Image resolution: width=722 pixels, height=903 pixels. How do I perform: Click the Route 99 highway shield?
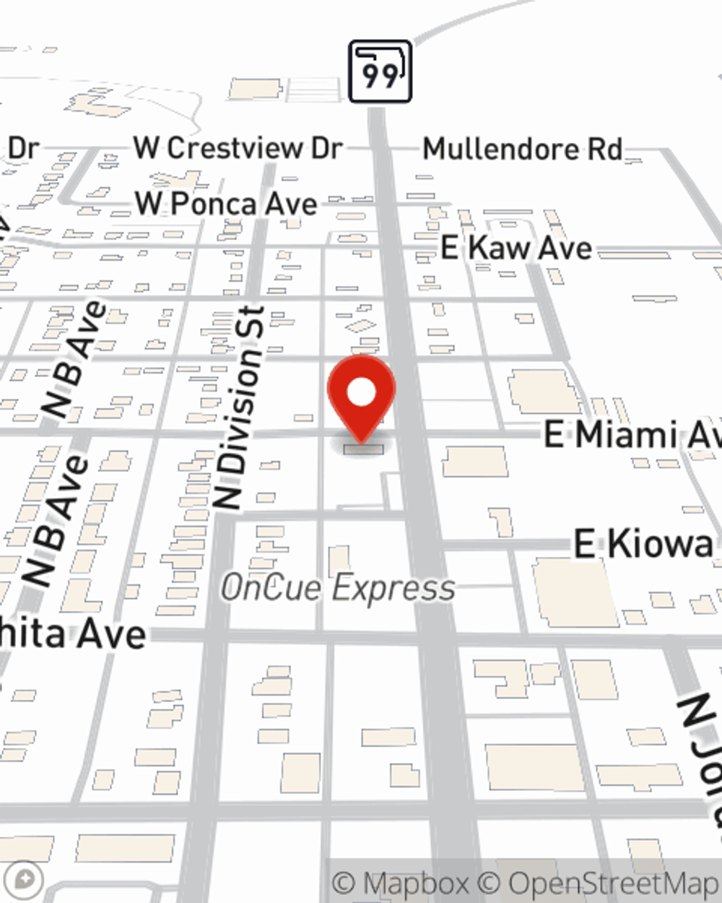point(380,72)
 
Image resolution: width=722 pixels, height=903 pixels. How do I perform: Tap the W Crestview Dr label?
point(238,148)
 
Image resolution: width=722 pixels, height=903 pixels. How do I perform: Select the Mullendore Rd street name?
point(522,150)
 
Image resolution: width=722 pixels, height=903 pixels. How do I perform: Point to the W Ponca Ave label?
point(226,204)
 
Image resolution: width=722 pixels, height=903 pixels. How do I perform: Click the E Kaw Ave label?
point(516,249)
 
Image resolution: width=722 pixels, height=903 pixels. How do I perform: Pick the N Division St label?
point(241,408)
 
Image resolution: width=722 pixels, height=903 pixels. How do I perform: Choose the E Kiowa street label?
point(643,544)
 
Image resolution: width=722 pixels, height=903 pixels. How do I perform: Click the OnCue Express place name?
point(338,588)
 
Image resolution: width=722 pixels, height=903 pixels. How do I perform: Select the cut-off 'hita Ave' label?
point(73,634)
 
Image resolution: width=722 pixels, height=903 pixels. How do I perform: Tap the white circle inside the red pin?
point(361,393)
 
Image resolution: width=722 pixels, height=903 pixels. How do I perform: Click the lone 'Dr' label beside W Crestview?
point(23,148)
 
